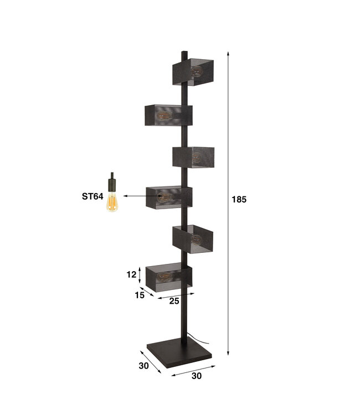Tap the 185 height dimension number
click(239, 199)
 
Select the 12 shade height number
click(131, 274)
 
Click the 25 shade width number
click(173, 302)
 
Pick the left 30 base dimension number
click(143, 365)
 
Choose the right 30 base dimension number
click(196, 376)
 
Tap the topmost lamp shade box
click(193, 70)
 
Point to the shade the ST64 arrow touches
click(169, 197)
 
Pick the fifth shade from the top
click(193, 238)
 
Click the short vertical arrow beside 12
click(140, 274)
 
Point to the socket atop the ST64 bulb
click(112, 180)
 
